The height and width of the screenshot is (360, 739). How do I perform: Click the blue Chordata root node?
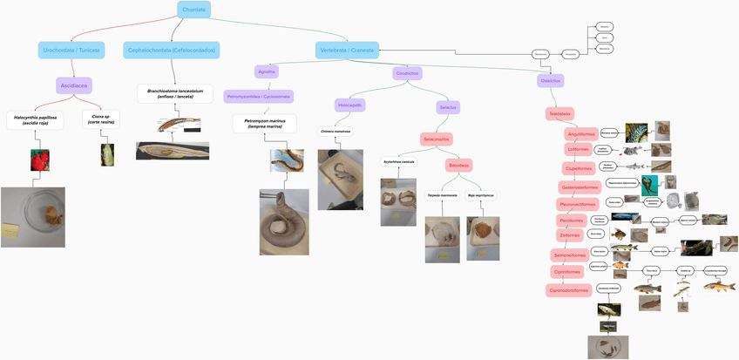[x=193, y=10]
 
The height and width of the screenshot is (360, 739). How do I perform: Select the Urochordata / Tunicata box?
[x=71, y=51]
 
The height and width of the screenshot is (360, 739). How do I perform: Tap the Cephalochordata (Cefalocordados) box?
[x=173, y=51]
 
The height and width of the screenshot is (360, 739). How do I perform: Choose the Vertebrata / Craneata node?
[x=347, y=51]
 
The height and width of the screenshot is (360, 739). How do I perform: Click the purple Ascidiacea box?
[x=73, y=85]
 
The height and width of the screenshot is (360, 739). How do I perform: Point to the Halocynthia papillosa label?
[x=35, y=119]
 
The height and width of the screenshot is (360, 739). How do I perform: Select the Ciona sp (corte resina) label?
[x=100, y=119]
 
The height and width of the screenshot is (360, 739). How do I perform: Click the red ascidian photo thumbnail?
[x=40, y=160]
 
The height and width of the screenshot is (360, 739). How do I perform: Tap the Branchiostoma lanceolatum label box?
[x=175, y=93]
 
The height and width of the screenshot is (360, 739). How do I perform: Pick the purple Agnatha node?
[x=267, y=71]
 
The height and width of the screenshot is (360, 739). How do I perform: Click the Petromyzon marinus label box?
[x=264, y=123]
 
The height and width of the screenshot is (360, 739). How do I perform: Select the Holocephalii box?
[x=350, y=105]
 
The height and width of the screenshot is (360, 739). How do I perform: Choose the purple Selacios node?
[x=448, y=106]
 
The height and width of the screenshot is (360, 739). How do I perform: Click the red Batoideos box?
[x=458, y=164]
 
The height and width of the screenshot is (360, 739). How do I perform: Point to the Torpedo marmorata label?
[x=442, y=194]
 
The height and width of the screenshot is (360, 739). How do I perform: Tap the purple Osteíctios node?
[x=551, y=80]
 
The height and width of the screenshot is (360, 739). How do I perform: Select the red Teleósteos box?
[x=559, y=113]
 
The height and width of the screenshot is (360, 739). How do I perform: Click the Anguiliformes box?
[x=581, y=134]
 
